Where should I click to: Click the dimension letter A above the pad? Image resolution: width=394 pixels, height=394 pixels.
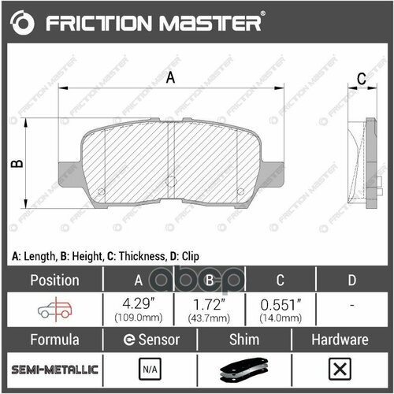169,77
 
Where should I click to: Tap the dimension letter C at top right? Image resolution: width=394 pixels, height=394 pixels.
362,78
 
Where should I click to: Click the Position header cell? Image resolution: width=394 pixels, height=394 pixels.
54,280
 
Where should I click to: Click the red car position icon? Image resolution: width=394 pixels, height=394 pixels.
54,309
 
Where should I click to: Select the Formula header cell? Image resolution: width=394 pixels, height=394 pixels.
54,340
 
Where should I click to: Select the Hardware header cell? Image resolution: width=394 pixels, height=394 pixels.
340,340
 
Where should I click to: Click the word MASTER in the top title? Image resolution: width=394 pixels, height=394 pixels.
206,24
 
